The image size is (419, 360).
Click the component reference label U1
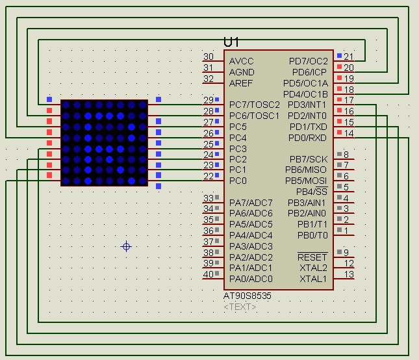click(231, 42)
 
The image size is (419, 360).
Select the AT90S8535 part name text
click(248, 296)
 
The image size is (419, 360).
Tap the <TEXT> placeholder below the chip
click(240, 307)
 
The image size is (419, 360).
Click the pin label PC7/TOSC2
click(254, 105)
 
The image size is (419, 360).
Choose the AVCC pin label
click(242, 61)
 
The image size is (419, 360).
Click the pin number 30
click(208, 57)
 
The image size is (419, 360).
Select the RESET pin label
click(312, 257)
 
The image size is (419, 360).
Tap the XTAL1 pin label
click(313, 279)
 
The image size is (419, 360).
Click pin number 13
click(349, 275)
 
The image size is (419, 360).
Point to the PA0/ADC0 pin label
click(251, 279)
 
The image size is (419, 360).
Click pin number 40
click(208, 274)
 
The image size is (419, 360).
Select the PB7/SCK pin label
click(309, 159)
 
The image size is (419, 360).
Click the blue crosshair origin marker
click(127, 246)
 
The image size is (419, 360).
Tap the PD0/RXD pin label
click(309, 138)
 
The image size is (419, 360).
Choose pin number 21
click(349, 57)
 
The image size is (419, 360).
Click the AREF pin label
click(241, 83)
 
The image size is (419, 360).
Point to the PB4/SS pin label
click(312, 192)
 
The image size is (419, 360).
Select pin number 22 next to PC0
click(208, 176)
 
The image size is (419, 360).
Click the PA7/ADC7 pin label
click(251, 203)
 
